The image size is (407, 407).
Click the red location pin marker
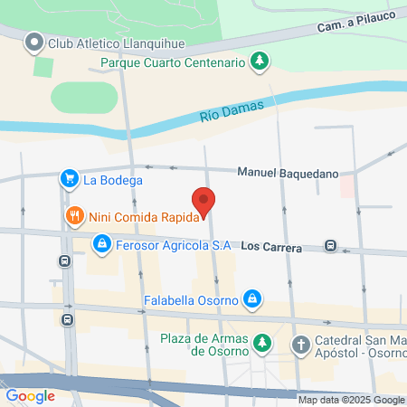(x=204, y=203)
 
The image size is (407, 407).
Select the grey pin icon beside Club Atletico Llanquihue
(x=34, y=42)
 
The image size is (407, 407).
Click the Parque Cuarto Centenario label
(x=173, y=62)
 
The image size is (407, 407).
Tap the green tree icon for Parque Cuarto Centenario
(x=260, y=62)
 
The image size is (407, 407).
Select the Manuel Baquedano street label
(x=287, y=171)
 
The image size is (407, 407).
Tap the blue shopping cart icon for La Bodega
(x=69, y=179)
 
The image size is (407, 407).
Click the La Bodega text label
(x=113, y=180)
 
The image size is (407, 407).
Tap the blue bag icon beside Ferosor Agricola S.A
(x=102, y=244)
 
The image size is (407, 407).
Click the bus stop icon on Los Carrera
(x=332, y=245)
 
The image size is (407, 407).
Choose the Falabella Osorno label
(x=190, y=299)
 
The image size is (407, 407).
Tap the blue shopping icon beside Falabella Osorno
(x=253, y=298)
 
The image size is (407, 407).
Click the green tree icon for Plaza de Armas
(x=261, y=343)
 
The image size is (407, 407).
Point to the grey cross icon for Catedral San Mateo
(x=300, y=344)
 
